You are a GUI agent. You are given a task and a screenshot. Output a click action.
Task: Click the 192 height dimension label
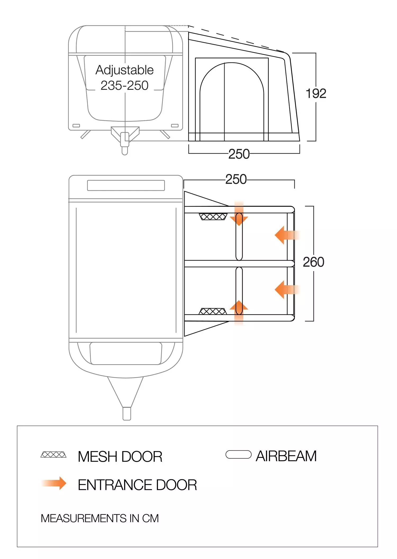point(316,93)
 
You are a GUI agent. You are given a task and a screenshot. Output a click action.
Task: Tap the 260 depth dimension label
point(313,262)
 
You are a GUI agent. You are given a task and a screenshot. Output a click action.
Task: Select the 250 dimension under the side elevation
point(239,154)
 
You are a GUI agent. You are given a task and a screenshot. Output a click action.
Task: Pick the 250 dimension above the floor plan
point(236,179)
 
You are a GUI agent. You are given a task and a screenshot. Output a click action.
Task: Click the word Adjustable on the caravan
point(124,70)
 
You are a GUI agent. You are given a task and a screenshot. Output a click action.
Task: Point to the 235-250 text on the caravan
point(124,85)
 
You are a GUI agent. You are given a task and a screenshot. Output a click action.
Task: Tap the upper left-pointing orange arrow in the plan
point(287,235)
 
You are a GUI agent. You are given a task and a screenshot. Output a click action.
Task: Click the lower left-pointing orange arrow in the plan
point(287,290)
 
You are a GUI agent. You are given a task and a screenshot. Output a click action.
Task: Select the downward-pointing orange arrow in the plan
point(239,213)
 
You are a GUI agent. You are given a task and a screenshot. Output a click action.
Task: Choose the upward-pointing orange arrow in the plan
point(239,312)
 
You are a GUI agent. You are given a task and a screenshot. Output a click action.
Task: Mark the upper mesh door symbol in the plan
point(213,217)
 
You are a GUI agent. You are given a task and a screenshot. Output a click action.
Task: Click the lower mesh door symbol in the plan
point(213,311)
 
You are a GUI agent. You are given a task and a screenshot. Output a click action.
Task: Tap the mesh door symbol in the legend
point(53,455)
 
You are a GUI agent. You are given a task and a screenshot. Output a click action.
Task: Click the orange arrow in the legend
point(54,483)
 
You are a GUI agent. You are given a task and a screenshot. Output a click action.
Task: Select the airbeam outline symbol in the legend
point(238,454)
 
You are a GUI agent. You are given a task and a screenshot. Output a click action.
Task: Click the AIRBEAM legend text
point(286,456)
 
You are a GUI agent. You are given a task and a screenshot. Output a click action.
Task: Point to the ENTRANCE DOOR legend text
point(137,485)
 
